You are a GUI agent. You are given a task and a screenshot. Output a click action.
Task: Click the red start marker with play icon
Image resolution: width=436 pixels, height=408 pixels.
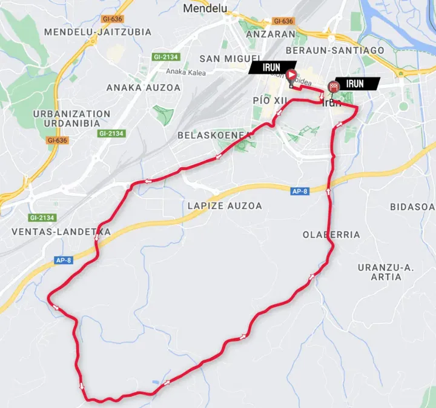click(291, 76)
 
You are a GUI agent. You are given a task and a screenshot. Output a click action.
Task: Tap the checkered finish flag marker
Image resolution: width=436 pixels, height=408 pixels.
click(332, 87)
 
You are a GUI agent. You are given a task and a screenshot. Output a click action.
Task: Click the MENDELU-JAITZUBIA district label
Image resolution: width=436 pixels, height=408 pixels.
click(98, 32)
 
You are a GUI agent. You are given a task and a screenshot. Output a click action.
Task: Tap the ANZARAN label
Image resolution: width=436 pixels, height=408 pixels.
click(271, 34)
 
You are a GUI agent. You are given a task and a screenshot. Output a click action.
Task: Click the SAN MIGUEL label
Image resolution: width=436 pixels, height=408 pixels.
click(225, 59)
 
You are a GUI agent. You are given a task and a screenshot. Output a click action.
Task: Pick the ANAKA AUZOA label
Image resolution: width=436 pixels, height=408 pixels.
click(144, 87)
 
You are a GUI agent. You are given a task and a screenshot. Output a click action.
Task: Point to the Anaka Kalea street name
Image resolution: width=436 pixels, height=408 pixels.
click(186, 73)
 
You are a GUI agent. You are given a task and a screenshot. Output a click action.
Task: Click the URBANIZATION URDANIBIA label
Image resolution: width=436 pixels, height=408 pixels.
click(72, 118)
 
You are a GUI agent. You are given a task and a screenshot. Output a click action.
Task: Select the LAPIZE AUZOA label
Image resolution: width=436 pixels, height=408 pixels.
click(225, 206)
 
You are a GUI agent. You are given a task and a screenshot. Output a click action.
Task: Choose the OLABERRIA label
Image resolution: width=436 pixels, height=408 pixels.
click(332, 235)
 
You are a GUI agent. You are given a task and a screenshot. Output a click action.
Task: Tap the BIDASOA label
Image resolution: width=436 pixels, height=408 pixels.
click(412, 207)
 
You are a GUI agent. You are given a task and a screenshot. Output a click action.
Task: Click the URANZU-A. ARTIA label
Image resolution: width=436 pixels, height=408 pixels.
click(385, 272)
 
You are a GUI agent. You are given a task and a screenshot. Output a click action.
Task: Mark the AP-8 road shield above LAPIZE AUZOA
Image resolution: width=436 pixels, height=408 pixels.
click(299, 191)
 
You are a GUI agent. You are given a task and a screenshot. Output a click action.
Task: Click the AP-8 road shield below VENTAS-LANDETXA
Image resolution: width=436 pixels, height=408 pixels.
click(64, 261)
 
